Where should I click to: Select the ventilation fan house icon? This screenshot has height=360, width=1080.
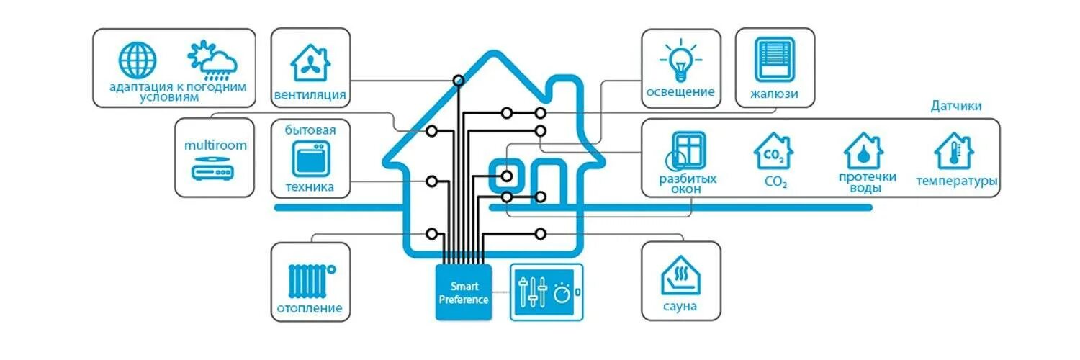[310, 62]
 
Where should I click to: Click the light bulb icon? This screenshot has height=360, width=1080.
[680, 60]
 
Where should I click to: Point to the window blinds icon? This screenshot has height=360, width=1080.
[774, 59]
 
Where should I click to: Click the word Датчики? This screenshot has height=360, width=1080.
[955, 106]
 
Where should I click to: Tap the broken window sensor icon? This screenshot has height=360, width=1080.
[687, 150]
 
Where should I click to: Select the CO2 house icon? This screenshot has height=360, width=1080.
[774, 151]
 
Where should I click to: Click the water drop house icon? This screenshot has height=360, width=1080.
[863, 151]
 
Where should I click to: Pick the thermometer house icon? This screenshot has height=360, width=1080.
[954, 150]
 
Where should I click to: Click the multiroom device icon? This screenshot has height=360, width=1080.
[213, 171]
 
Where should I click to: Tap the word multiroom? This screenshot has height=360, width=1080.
[215, 145]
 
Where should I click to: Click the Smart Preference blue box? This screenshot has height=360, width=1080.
[464, 292]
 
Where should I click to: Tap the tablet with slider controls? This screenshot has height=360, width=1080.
[546, 292]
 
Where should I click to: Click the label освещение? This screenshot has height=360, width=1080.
[680, 92]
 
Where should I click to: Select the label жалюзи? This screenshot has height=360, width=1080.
[774, 94]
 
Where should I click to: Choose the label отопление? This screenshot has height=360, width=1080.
[310, 310]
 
